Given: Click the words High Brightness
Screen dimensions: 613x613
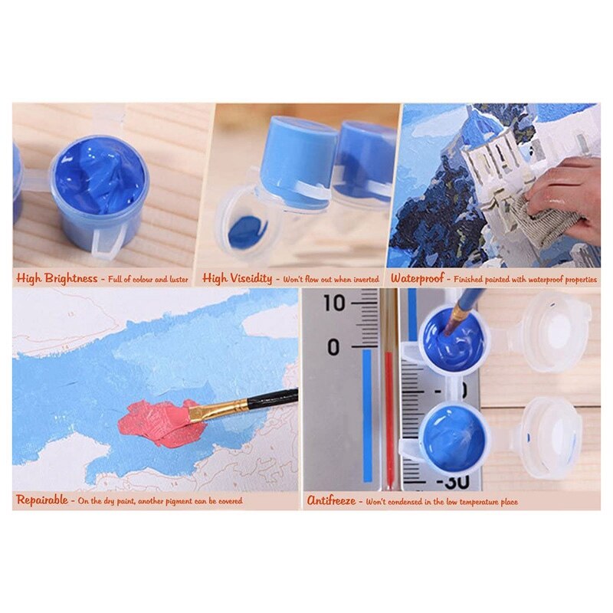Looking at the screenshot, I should [57, 279].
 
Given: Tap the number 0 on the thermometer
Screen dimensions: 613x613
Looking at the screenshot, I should [333, 348].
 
